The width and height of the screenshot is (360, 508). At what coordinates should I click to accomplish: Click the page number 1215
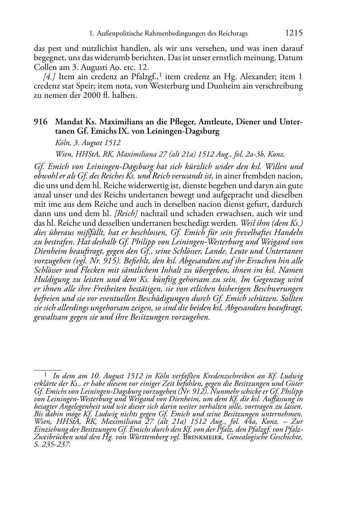[294, 33]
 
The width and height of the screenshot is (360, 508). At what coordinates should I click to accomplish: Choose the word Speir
[86, 86]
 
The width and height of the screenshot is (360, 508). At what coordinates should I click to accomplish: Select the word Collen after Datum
[44, 67]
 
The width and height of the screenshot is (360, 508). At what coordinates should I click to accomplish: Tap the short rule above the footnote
[47, 369]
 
